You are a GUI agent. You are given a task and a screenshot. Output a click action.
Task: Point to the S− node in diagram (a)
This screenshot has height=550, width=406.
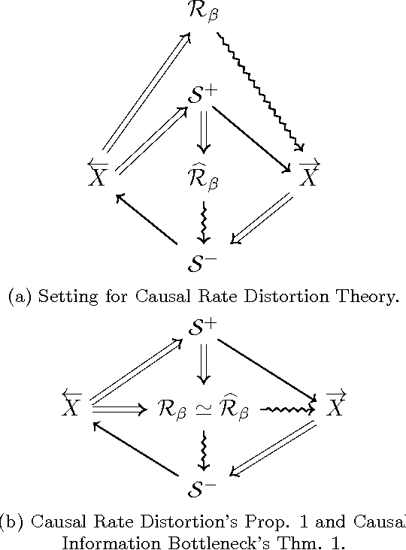pyautogui.click(x=203, y=263)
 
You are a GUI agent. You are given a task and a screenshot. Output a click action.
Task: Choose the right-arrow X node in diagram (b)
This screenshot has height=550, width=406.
pyautogui.click(x=337, y=406)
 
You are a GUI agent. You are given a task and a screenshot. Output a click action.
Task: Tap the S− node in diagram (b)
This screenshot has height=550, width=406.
pyautogui.click(x=203, y=491)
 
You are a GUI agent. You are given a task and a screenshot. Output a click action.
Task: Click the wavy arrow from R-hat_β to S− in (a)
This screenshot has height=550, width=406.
pyautogui.click(x=203, y=222)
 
